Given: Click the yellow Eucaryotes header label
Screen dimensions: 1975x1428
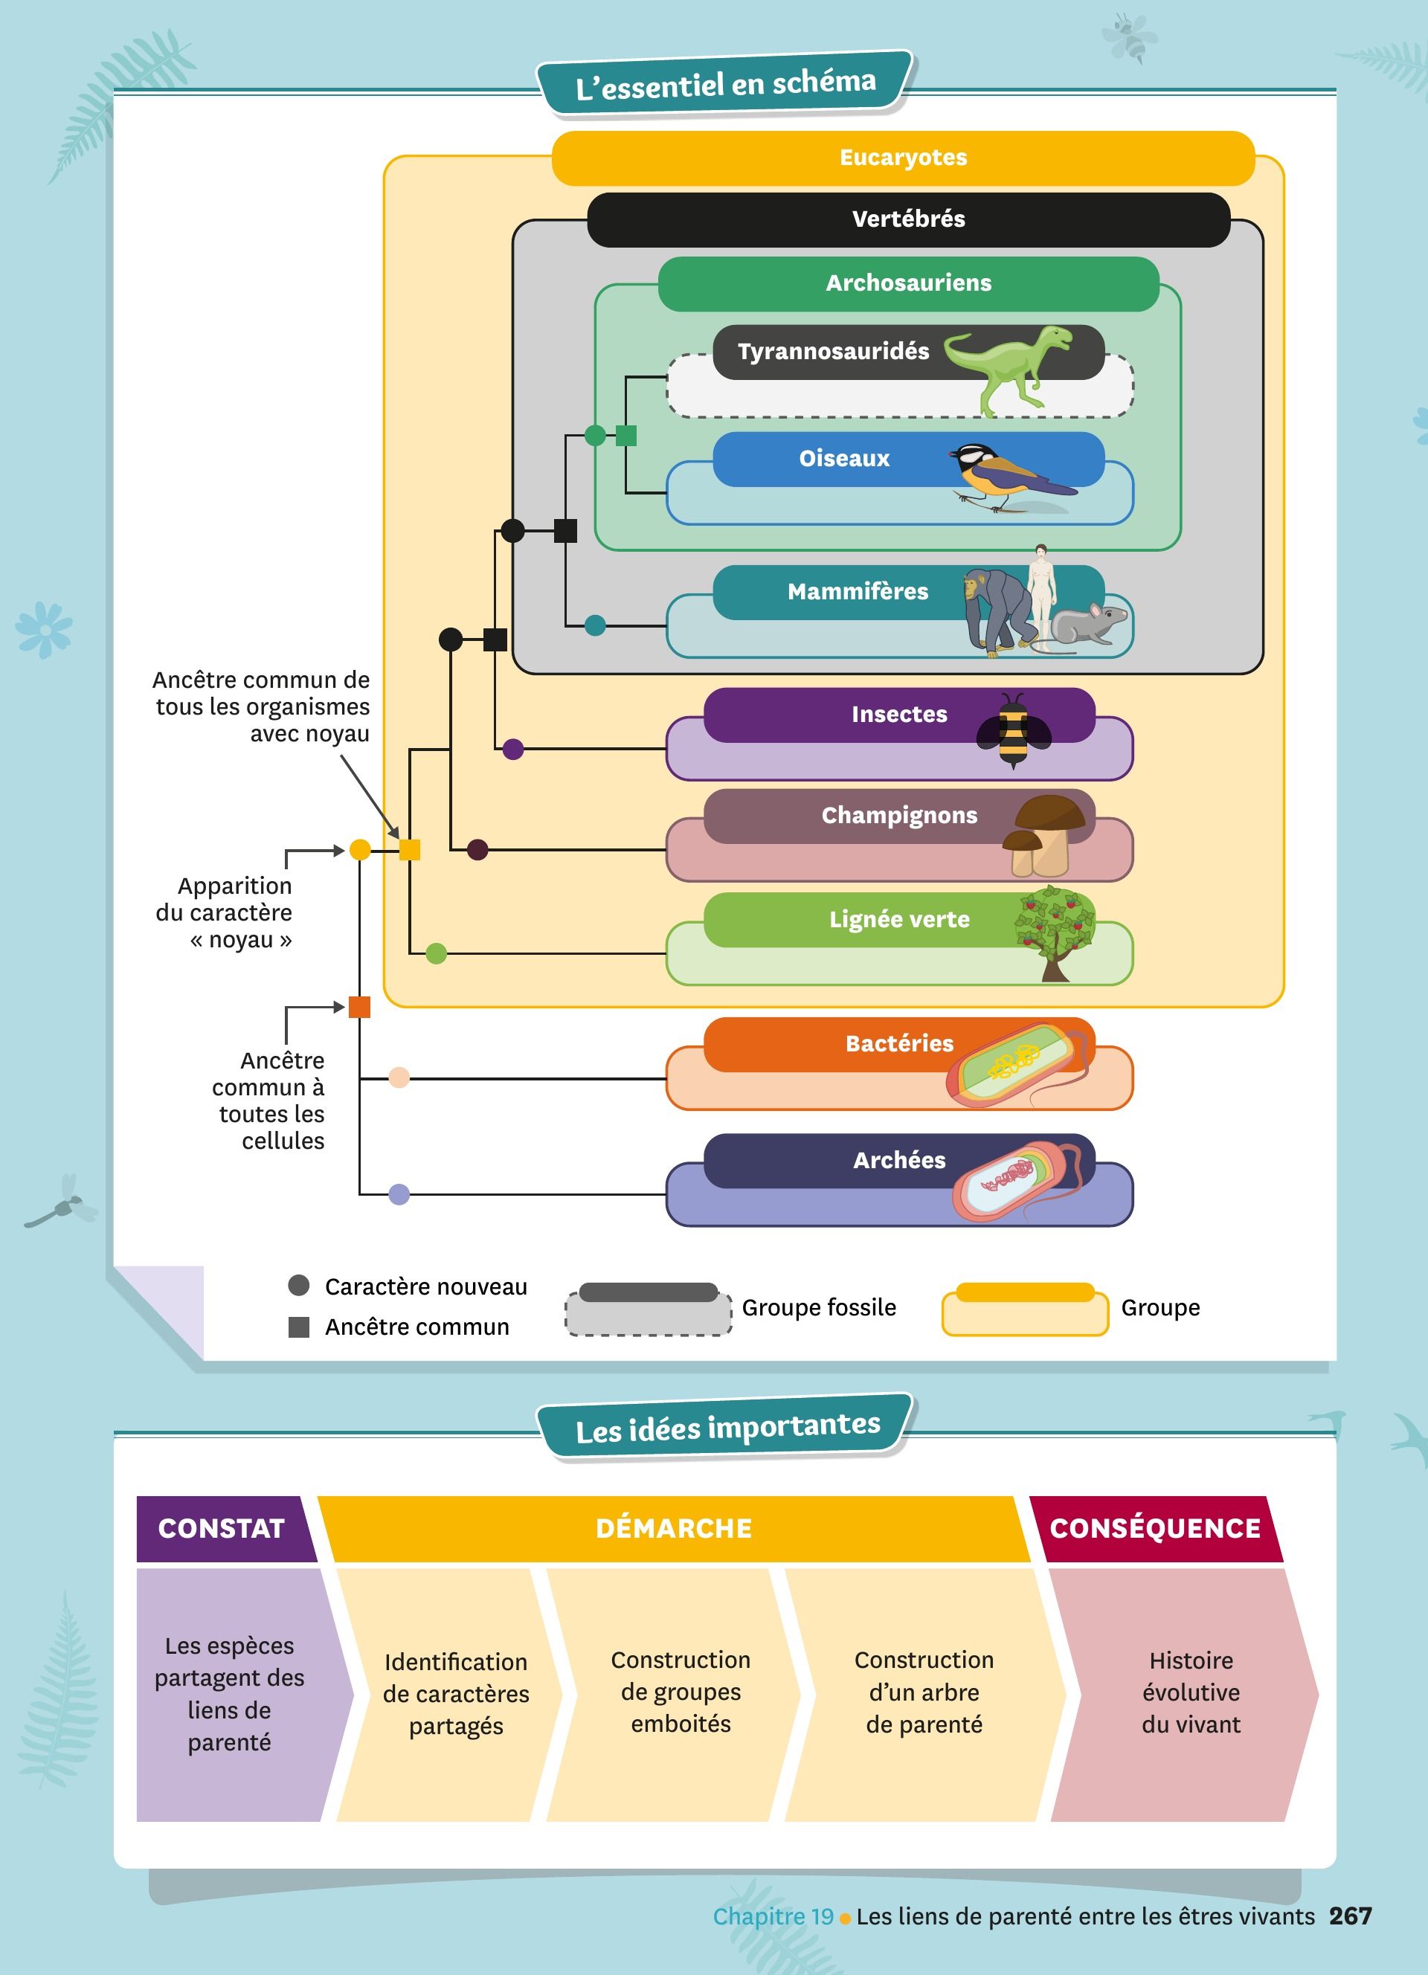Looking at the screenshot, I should [903, 158].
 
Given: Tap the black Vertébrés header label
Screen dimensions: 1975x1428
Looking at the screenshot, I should [908, 219].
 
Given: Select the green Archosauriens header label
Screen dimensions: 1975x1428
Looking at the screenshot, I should [908, 283].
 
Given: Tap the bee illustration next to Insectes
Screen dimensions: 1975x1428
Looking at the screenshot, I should [1013, 729].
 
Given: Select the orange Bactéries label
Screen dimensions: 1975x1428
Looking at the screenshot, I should [898, 1043].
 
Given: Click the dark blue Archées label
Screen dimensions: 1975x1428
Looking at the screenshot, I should [898, 1160].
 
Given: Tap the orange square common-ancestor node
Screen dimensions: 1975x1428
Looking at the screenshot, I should [360, 1008].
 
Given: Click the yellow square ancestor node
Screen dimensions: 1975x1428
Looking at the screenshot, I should [409, 850].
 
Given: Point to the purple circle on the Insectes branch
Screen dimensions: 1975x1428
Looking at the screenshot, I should [513, 749].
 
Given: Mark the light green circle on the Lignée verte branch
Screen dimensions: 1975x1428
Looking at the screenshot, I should [437, 953].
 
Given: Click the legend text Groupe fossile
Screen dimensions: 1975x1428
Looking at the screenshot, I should [818, 1308].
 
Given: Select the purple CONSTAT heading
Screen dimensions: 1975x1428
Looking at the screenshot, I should [222, 1528].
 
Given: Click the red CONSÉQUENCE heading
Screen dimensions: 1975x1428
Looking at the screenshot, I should [1154, 1528].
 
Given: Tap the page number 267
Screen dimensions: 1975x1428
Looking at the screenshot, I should [1350, 1916].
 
